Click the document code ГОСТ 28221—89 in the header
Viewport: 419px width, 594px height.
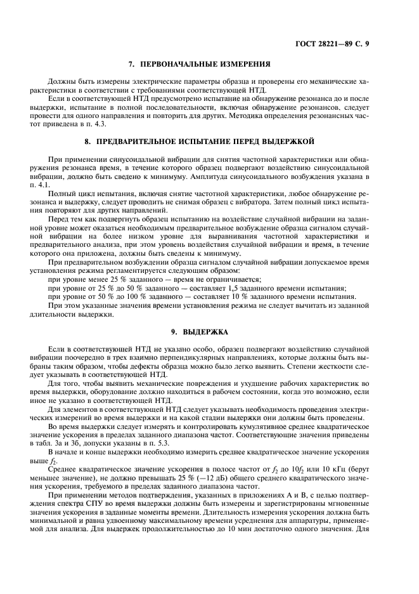(340, 43)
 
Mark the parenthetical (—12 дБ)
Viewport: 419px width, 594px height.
(223, 487)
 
